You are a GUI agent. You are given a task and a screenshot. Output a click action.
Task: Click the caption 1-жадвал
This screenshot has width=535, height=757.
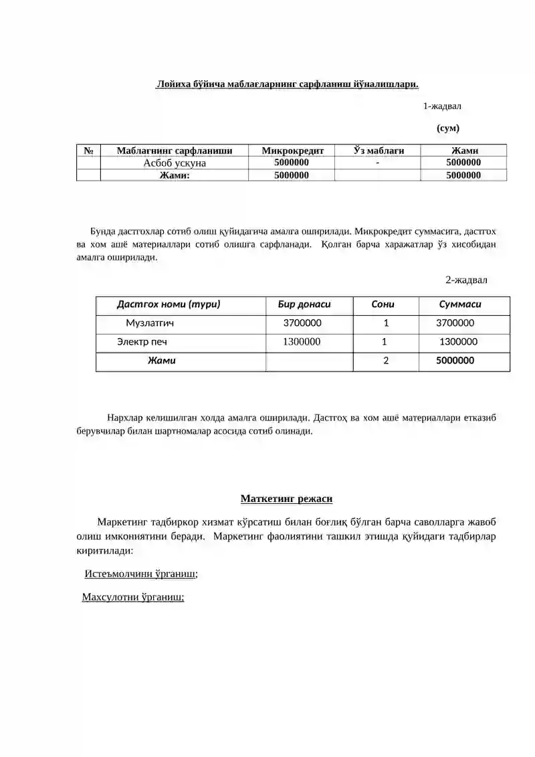(441, 106)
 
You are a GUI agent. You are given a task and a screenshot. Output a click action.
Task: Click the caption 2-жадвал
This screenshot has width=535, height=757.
(467, 280)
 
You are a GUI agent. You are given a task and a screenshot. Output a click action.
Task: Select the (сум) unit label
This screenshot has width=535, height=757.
(447, 128)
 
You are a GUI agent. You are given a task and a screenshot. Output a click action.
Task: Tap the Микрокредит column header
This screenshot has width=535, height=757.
(292, 151)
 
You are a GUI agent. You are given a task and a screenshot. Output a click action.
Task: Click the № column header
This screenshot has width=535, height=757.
(88, 151)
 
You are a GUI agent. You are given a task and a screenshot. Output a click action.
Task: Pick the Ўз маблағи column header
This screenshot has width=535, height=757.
(379, 151)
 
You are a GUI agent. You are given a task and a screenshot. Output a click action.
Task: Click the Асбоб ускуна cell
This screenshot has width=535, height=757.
(175, 163)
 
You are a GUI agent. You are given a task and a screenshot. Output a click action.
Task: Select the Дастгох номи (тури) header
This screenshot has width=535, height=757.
(169, 304)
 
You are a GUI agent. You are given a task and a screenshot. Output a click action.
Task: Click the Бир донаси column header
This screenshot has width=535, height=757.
(304, 304)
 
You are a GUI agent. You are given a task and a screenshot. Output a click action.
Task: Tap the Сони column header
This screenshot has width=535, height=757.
(383, 304)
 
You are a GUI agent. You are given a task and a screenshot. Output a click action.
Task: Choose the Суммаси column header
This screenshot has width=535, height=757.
(460, 304)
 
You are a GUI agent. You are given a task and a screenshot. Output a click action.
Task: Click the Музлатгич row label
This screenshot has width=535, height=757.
(150, 323)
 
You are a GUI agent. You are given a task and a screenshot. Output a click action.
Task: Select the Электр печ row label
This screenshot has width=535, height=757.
(142, 342)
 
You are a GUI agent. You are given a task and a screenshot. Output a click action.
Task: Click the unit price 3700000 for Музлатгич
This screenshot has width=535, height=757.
(302, 323)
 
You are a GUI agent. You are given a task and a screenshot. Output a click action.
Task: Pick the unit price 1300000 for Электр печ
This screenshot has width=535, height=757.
(302, 342)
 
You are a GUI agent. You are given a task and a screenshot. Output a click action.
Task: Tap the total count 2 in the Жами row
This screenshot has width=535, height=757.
(386, 361)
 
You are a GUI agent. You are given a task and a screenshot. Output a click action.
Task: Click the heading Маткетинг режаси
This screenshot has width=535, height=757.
(286, 499)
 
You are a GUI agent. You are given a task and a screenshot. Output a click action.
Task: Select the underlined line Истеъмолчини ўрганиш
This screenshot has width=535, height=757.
(141, 574)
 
